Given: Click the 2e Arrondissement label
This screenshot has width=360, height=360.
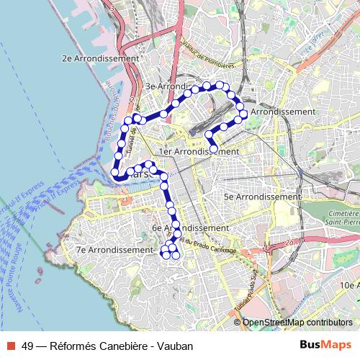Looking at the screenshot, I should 100,58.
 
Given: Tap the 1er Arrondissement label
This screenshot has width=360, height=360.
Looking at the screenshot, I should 199,152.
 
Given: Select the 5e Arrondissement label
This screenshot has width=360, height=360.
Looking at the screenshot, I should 261,197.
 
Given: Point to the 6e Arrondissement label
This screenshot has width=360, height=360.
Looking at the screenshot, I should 190,228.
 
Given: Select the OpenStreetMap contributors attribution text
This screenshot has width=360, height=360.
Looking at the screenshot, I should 297,323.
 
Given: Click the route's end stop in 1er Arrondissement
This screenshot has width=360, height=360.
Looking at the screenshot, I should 214,149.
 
